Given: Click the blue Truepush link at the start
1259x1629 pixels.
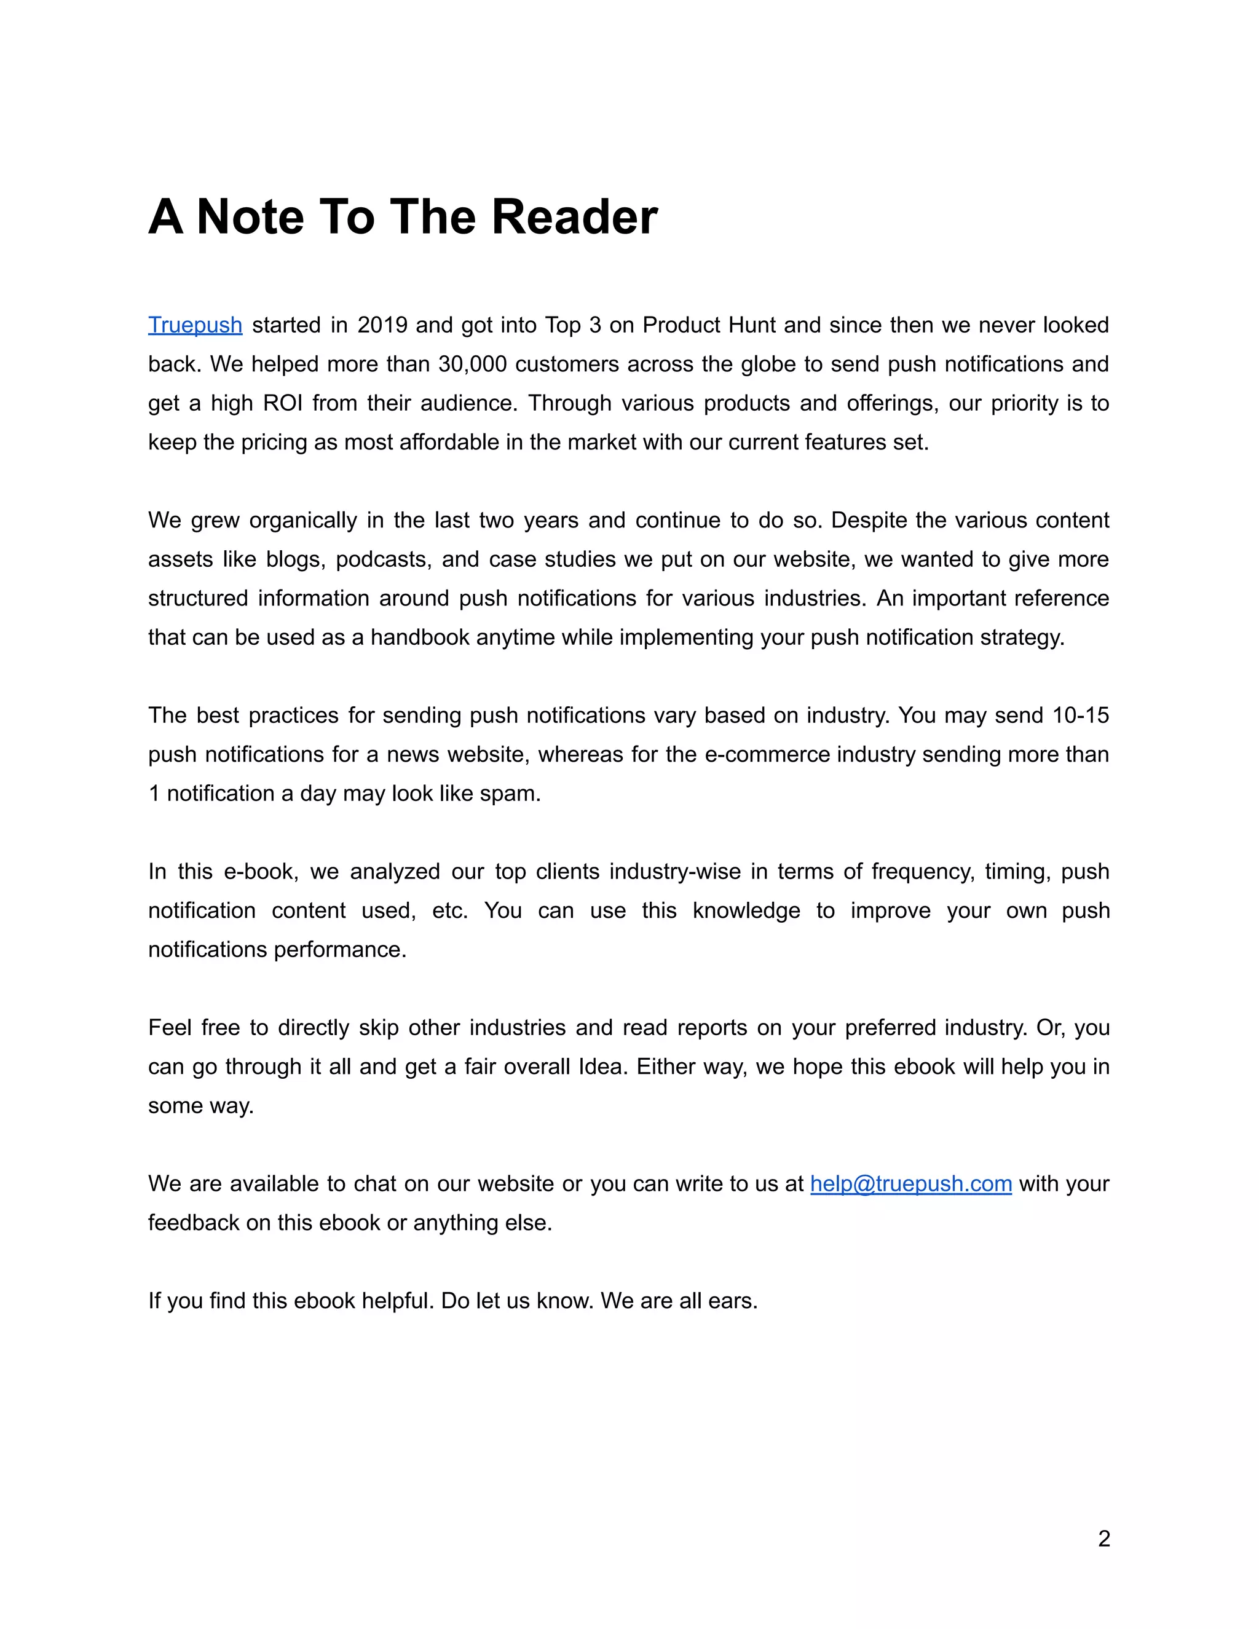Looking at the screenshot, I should click(x=195, y=325).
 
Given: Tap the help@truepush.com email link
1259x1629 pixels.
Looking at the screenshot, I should click(x=910, y=1184).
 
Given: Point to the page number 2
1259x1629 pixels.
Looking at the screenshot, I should click(x=1104, y=1539).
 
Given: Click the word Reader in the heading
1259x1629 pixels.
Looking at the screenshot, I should click(x=574, y=217).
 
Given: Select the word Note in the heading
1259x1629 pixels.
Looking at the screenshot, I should click(x=249, y=217).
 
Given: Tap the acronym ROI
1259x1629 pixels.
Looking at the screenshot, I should click(x=283, y=403).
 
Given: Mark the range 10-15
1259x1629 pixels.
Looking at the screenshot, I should click(x=1080, y=716).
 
